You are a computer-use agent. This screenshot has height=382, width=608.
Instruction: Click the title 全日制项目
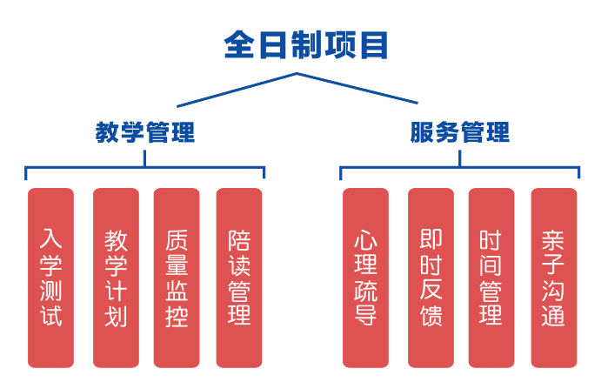[305, 44]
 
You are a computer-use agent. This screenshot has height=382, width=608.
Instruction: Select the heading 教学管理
[145, 132]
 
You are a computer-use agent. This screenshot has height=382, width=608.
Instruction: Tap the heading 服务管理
[460, 132]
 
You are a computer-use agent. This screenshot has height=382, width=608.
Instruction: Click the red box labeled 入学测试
[51, 277]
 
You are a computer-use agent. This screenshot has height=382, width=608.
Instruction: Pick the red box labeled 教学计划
[116, 277]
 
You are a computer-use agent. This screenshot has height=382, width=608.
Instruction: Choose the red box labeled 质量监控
[177, 277]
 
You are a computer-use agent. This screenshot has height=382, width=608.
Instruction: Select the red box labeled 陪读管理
[239, 277]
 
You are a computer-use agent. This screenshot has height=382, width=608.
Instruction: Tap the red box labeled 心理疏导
[365, 277]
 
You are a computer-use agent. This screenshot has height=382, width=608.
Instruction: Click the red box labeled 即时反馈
[431, 277]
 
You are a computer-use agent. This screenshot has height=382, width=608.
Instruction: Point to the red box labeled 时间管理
[491, 277]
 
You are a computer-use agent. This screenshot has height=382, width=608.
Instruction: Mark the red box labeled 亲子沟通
[553, 277]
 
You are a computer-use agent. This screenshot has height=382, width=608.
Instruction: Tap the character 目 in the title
[372, 44]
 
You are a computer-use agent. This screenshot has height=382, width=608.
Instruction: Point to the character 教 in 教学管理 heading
[108, 132]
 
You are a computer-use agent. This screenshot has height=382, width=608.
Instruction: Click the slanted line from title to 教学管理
[226, 90]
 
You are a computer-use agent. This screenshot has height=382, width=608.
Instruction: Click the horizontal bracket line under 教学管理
[87, 165]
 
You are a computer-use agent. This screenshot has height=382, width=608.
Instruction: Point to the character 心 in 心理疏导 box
[365, 238]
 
